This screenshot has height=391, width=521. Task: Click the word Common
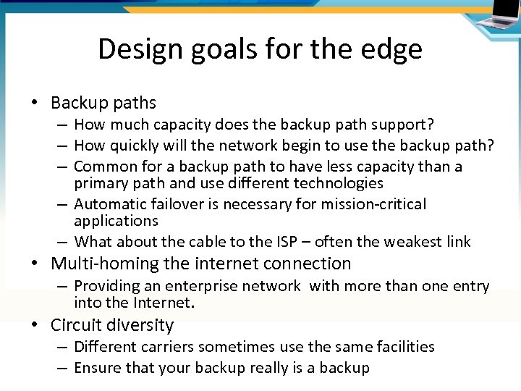[106, 167]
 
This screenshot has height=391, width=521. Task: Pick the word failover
[177, 204]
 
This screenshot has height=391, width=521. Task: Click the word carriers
[167, 347]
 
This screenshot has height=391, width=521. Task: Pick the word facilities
[402, 347]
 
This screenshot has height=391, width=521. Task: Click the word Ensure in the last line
[99, 368]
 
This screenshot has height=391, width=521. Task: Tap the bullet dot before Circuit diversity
[35, 325]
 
